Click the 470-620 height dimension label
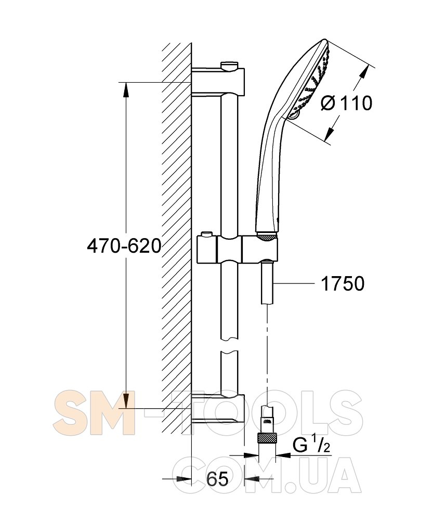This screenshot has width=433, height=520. click(124, 246)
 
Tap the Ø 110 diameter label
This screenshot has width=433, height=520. click(347, 103)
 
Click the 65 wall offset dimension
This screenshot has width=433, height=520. click(217, 478)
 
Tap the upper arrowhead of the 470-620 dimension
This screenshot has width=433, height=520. click(126, 89)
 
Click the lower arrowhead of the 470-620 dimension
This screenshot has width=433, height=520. click(126, 400)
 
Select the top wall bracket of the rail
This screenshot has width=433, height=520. click(218, 81)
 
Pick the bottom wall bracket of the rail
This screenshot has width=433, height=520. click(218, 409)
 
